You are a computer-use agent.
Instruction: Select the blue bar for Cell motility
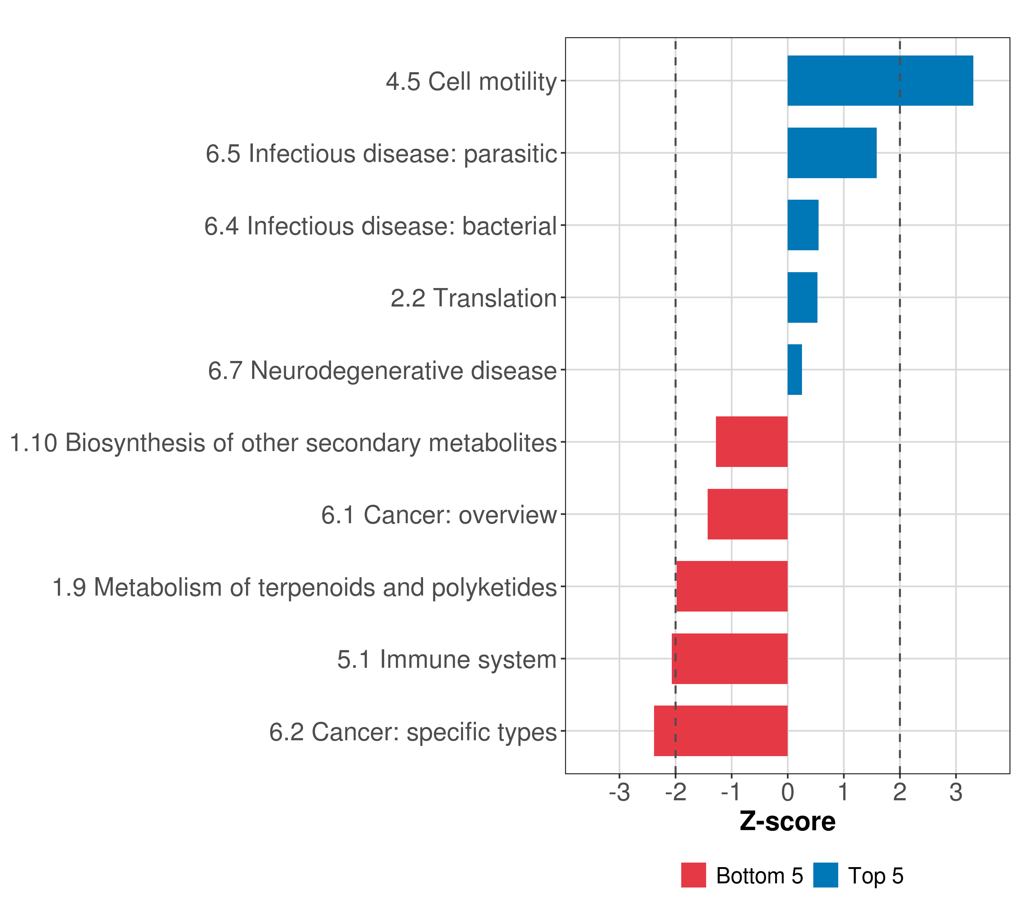click(880, 81)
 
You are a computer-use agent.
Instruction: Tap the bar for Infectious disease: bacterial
click(803, 225)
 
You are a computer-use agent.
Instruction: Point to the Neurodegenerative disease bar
click(795, 370)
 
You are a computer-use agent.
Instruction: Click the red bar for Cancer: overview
click(747, 514)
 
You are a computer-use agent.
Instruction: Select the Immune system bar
click(730, 659)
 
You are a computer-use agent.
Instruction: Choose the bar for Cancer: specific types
click(720, 731)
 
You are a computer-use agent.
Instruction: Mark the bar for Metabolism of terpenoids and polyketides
click(732, 586)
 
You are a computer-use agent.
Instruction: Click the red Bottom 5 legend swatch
click(693, 875)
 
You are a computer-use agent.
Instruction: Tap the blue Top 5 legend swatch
click(825, 875)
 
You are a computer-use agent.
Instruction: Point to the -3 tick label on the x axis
click(619, 792)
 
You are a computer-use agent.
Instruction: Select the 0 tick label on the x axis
click(787, 792)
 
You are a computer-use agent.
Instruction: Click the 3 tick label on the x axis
click(955, 792)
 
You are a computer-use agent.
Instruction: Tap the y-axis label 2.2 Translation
click(473, 298)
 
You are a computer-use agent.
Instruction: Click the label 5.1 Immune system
click(447, 659)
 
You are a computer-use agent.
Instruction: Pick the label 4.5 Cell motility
click(471, 82)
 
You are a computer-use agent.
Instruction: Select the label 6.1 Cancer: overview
click(439, 515)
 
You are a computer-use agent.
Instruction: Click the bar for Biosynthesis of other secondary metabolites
click(751, 442)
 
